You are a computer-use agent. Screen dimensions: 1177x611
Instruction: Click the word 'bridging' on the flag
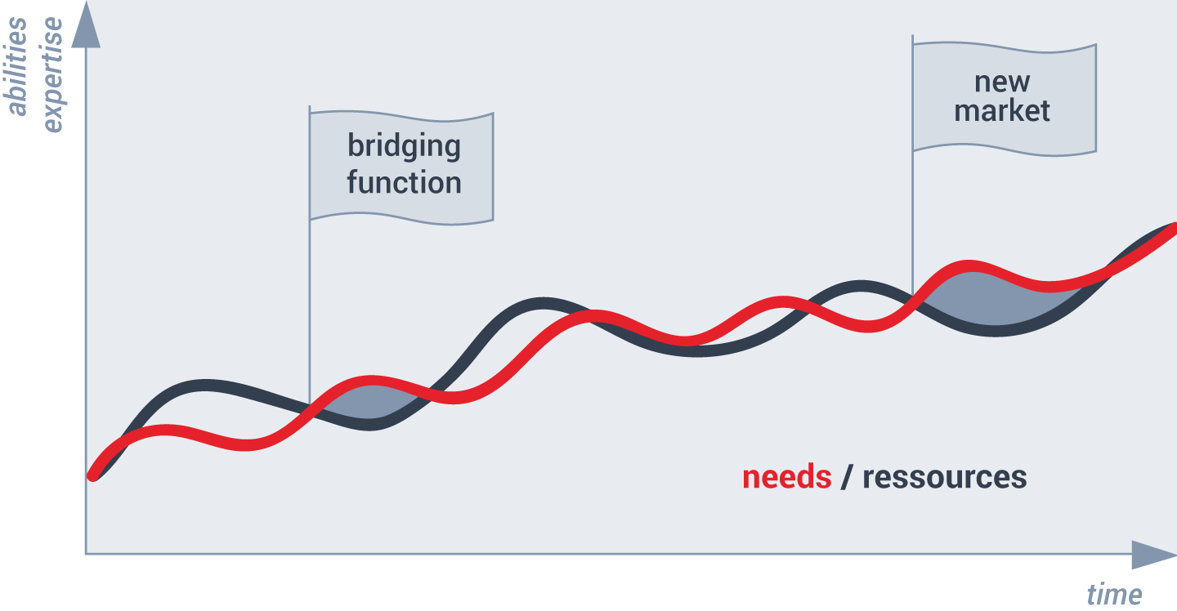tap(404, 146)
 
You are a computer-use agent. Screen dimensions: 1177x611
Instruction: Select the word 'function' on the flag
tap(404, 182)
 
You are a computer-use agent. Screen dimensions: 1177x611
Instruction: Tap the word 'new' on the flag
tap(1002, 83)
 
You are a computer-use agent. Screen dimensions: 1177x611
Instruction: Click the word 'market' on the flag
tap(1002, 111)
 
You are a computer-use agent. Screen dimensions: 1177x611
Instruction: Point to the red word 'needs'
tap(786, 477)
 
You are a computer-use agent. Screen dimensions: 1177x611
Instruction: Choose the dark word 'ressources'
tap(945, 477)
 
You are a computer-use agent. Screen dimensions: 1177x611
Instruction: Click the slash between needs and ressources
tap(846, 477)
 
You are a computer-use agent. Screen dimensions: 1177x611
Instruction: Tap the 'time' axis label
tap(1114, 595)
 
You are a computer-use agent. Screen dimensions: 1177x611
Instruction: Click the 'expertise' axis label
tap(51, 75)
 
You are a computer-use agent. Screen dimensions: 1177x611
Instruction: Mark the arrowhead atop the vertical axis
tap(86, 25)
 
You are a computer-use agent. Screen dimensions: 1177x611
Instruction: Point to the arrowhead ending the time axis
tap(1154, 555)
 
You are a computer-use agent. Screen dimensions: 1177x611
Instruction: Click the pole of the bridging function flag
tap(310, 255)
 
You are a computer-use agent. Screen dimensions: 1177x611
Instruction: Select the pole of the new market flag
tap(913, 165)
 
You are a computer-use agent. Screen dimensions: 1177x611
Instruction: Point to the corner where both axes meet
tap(86, 554)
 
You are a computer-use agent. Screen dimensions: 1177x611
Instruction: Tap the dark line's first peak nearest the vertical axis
tap(206, 386)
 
